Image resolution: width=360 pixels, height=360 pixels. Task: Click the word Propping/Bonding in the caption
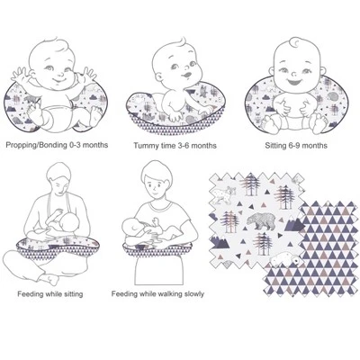click(x=36, y=145)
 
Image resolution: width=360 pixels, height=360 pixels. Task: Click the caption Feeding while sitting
click(x=50, y=294)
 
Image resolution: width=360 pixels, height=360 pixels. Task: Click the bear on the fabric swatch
click(x=261, y=220)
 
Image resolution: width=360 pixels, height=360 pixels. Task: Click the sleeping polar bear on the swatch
click(x=286, y=259)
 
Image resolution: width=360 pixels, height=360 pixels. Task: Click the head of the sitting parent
click(x=59, y=179)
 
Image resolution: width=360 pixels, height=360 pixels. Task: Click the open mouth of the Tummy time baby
click(x=185, y=75)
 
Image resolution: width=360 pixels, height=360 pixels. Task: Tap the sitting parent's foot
click(x=50, y=280)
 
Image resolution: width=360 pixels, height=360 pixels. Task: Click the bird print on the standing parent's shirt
click(x=157, y=223)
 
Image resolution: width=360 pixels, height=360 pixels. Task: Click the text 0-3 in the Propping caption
click(x=75, y=145)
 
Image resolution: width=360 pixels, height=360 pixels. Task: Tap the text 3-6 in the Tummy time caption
click(x=184, y=146)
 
